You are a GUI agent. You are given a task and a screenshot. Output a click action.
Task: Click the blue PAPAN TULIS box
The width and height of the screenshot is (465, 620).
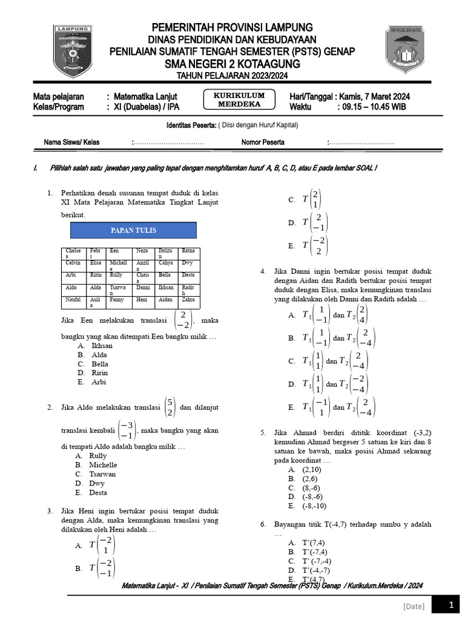[x=134, y=230]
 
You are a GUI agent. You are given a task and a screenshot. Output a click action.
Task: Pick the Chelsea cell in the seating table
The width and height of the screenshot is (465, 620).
[x=74, y=253]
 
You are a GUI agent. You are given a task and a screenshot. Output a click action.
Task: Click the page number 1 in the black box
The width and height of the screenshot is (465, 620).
[x=450, y=605]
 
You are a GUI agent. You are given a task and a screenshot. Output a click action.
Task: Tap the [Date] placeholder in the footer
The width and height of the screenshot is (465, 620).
[x=414, y=606]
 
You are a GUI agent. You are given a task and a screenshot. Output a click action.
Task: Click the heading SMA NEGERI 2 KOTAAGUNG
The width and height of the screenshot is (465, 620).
[x=232, y=64]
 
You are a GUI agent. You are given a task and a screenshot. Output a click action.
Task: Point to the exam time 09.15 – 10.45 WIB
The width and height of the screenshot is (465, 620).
[x=373, y=107]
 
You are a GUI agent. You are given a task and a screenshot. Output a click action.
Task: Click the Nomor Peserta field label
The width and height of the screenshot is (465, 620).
[x=263, y=142]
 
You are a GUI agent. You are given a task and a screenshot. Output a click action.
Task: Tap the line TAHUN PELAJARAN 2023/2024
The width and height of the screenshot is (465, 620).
[x=232, y=75]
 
